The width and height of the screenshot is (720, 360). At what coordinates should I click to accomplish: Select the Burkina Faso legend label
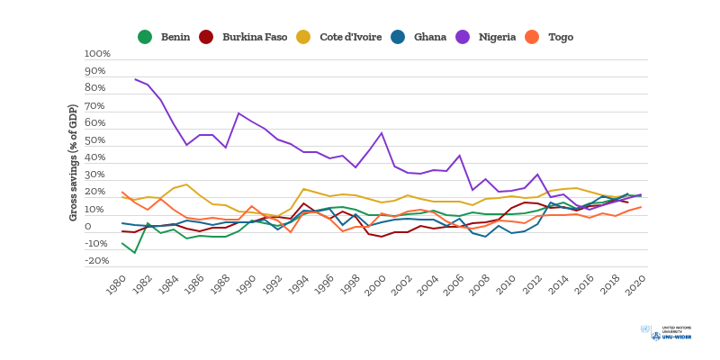255,37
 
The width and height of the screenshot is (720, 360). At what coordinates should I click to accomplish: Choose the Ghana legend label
429,37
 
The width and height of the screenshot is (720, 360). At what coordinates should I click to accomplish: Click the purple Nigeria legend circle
463,37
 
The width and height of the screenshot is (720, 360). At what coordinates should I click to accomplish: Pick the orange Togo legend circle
532,37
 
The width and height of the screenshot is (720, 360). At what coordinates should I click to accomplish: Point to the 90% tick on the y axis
95,71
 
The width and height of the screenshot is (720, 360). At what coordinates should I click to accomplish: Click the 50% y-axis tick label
95,140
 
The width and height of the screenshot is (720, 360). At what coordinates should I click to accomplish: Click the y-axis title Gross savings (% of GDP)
73,162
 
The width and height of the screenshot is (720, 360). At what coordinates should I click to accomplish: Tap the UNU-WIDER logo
666,333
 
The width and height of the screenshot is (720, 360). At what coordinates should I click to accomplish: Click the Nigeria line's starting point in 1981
135,79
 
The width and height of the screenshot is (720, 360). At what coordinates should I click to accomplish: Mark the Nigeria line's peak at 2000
382,133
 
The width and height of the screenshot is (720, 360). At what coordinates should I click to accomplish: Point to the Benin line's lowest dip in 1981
135,253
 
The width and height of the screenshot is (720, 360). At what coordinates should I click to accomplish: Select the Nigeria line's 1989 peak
238,113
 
